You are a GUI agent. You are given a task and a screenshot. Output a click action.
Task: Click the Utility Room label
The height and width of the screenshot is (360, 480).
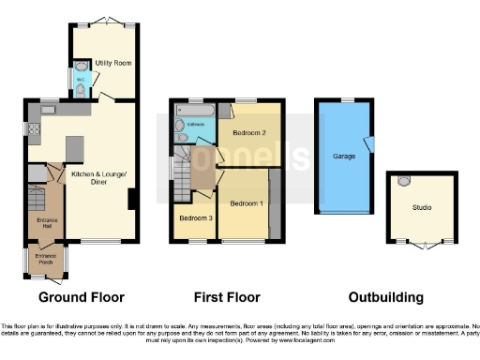tap(112, 63)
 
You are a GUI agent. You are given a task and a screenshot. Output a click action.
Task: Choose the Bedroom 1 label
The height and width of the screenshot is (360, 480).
tap(247, 203)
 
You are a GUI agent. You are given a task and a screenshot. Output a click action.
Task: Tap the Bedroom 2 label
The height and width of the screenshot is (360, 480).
tap(248, 133)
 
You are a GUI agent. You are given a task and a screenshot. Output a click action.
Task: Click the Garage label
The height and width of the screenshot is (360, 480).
tap(343, 157)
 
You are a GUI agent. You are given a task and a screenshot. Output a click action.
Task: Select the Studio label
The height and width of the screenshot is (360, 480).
tap(423, 208)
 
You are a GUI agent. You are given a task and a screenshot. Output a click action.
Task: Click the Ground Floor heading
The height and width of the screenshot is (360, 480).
tap(81, 297)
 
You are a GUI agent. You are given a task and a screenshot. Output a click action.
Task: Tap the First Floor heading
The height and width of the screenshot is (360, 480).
tap(226, 297)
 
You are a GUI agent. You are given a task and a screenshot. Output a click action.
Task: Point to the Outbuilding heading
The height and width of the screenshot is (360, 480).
tap(385, 297)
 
